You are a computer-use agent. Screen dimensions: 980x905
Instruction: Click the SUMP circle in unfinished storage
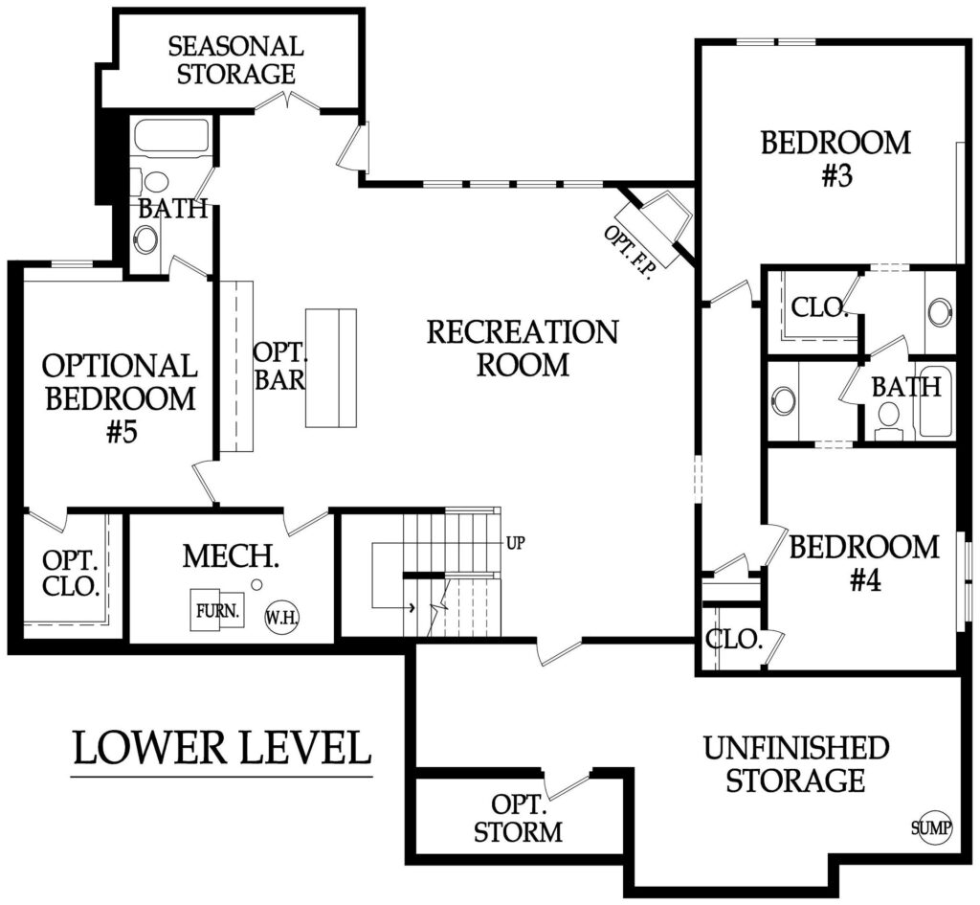click(x=931, y=829)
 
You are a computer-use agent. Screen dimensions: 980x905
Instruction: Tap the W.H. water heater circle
click(x=282, y=618)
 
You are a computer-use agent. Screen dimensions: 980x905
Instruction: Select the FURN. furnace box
click(x=217, y=609)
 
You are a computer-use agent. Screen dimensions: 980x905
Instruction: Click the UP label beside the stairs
click(x=515, y=543)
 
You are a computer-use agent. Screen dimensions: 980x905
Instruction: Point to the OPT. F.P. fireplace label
click(x=628, y=252)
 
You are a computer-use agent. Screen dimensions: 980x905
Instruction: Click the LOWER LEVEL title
click(x=222, y=748)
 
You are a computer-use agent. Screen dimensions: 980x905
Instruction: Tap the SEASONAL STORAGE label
click(x=235, y=60)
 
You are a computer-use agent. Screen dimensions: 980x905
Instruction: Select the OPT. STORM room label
click(x=518, y=818)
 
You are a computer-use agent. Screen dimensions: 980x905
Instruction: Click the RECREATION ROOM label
click(x=523, y=348)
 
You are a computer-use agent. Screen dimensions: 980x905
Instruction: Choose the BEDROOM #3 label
click(x=835, y=159)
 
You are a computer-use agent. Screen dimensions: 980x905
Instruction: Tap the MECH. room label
click(x=231, y=556)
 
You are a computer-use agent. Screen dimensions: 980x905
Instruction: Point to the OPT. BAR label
click(x=280, y=366)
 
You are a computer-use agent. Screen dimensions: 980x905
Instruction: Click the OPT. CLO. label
click(x=71, y=573)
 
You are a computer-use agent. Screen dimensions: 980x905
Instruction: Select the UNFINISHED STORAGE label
click(x=796, y=764)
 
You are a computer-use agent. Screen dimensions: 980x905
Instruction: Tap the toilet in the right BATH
click(x=887, y=419)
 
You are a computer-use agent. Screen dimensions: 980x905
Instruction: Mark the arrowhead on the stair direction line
click(x=412, y=606)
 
